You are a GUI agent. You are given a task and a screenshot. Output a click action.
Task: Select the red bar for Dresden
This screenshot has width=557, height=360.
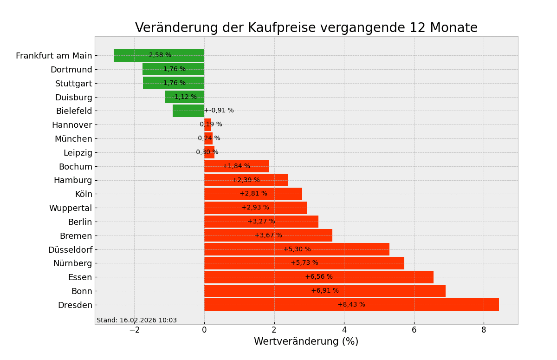pyautogui.click(x=418, y=305)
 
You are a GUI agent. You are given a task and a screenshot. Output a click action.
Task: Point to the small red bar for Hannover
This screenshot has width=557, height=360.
pyautogui.click(x=207, y=124)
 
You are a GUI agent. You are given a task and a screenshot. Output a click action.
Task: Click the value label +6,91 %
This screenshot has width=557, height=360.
pyautogui.click(x=325, y=291)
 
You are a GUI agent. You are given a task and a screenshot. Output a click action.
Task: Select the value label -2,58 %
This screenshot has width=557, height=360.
pyautogui.click(x=159, y=55)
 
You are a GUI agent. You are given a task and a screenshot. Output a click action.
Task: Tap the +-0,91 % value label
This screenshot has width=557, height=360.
pyautogui.click(x=219, y=111)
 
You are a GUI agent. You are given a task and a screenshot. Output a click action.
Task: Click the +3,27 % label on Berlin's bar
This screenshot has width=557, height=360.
pyautogui.click(x=261, y=222)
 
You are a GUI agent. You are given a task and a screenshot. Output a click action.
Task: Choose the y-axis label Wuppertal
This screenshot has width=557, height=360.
pyautogui.click(x=71, y=208)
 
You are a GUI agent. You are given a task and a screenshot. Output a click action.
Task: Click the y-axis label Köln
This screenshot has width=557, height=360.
pyautogui.click(x=84, y=194)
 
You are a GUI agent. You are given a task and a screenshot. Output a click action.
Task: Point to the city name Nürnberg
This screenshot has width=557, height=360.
pyautogui.click(x=72, y=263)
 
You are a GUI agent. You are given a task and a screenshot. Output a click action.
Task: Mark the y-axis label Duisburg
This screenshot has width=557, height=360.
pyautogui.click(x=73, y=98)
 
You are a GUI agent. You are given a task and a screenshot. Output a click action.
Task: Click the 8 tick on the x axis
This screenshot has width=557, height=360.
pyautogui.click(x=484, y=330)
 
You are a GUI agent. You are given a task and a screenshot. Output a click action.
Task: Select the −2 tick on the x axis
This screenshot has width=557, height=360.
pyautogui.click(x=134, y=330)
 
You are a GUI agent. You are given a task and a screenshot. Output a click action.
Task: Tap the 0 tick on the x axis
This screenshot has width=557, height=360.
pyautogui.click(x=204, y=330)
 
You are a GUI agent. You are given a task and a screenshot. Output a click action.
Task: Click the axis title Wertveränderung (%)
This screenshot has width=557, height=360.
pyautogui.click(x=306, y=342)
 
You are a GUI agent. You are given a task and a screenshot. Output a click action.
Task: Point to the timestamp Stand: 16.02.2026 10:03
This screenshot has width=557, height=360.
pyautogui.click(x=136, y=321)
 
